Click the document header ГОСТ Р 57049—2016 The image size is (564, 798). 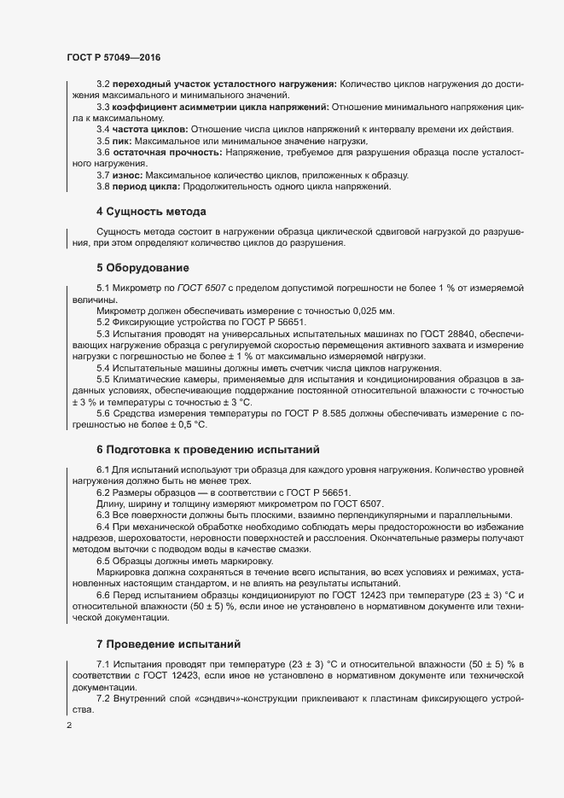[113, 57]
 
